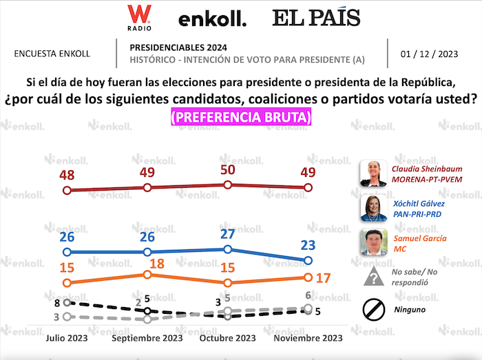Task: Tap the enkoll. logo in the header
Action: pyautogui.click(x=212, y=19)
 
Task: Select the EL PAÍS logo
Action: pyautogui.click(x=316, y=18)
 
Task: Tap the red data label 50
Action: pyautogui.click(x=227, y=170)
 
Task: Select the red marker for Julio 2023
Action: pyautogui.click(x=67, y=190)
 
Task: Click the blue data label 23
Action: pyautogui.click(x=308, y=245)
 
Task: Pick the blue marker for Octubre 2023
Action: pyautogui.click(x=227, y=249)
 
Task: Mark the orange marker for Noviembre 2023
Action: pyautogui.click(x=308, y=277)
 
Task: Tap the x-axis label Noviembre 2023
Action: pyautogui.click(x=308, y=338)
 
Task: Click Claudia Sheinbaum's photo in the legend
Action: pyautogui.click(x=374, y=174)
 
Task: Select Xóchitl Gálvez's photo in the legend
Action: pyautogui.click(x=374, y=208)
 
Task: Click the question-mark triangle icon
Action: pyautogui.click(x=374, y=276)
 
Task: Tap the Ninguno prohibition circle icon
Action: pyautogui.click(x=374, y=310)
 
